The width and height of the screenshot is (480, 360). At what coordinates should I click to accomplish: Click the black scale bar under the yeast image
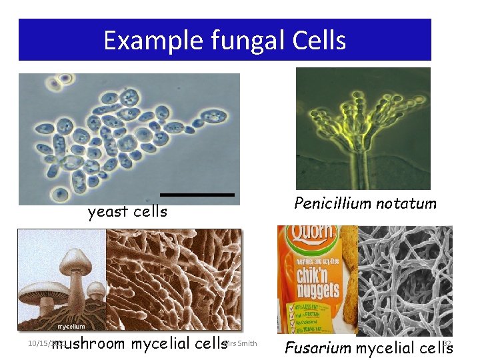[x=197, y=195]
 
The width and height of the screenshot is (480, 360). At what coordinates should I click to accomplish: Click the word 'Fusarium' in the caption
[x=319, y=347]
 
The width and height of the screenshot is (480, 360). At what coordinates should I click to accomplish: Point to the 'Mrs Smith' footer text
[x=241, y=343]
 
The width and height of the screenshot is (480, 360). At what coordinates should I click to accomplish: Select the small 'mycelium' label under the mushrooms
[x=70, y=327]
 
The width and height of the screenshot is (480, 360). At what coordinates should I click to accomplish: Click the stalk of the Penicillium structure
[x=364, y=167]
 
